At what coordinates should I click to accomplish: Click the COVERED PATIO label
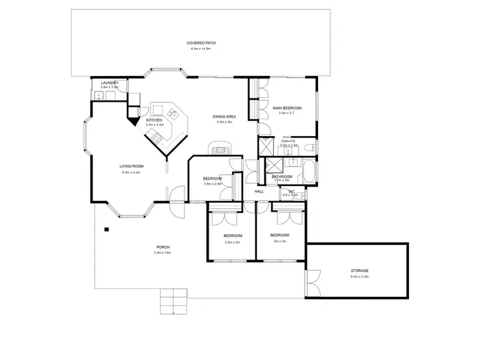click(202, 43)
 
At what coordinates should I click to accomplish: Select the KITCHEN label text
click(155, 120)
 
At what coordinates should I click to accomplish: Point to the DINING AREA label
click(225, 116)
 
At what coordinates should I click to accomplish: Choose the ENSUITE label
click(289, 140)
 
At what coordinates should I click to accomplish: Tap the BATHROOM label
click(282, 176)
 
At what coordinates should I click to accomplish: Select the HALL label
click(259, 191)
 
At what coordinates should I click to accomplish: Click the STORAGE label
click(360, 270)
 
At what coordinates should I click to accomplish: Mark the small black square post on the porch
click(107, 229)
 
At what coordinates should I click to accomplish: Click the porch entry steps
click(173, 301)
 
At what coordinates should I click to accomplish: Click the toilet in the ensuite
click(309, 148)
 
